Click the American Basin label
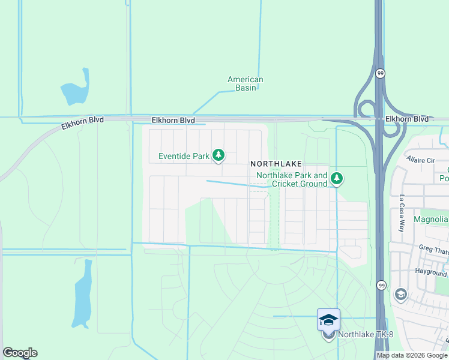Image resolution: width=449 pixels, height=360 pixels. pyautogui.click(x=245, y=83)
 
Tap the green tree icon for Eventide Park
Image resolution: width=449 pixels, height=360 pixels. pyautogui.click(x=218, y=156)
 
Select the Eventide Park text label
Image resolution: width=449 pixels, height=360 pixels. pyautogui.click(x=184, y=157)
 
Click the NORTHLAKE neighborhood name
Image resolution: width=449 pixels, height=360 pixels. pyautogui.click(x=276, y=163)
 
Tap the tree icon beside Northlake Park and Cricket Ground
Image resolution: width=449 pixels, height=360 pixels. pyautogui.click(x=337, y=178)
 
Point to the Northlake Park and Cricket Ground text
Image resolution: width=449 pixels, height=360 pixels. pyautogui.click(x=292, y=179)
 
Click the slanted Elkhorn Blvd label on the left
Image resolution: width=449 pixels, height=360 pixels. pyautogui.click(x=82, y=124)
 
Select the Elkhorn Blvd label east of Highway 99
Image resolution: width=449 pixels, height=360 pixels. pyautogui.click(x=407, y=119)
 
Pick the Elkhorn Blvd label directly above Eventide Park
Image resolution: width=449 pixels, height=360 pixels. pyautogui.click(x=173, y=121)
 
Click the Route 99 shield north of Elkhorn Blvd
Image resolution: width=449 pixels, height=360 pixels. pyautogui.click(x=381, y=73)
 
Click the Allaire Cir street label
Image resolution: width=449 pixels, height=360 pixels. pyautogui.click(x=420, y=161)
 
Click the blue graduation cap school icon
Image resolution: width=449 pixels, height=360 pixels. pyautogui.click(x=328, y=319)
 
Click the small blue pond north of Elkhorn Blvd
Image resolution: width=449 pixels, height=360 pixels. pyautogui.click(x=76, y=91)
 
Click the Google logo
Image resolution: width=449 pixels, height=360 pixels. pyautogui.click(x=20, y=353)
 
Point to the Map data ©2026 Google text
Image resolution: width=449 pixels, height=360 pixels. pyautogui.click(x=412, y=355)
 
